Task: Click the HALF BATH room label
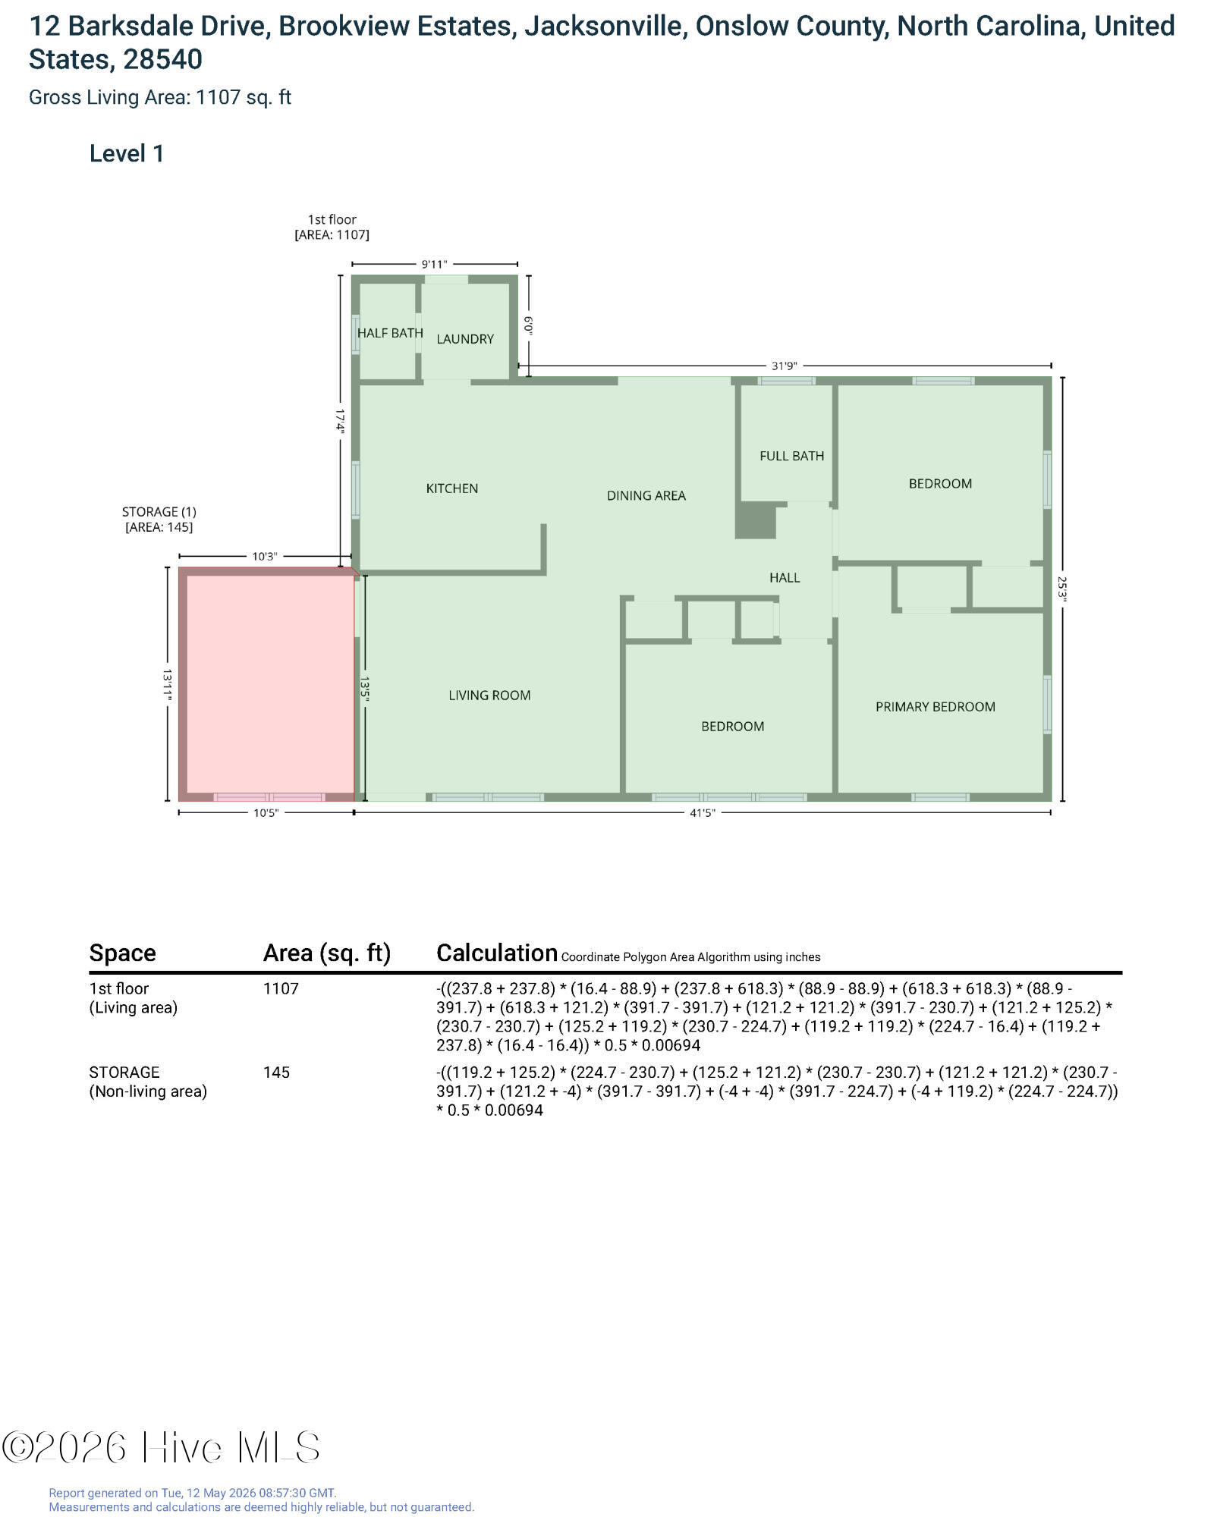(390, 333)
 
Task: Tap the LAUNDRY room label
(465, 339)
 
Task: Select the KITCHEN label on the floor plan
(452, 488)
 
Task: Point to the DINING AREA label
(646, 496)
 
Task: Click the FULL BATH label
(792, 456)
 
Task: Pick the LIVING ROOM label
(489, 696)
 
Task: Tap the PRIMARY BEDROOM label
(936, 707)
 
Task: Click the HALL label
(785, 578)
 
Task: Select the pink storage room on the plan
(267, 684)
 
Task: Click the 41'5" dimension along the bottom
(703, 813)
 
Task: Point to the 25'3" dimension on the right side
(1062, 589)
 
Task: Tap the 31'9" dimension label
(785, 366)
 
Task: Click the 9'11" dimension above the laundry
(435, 265)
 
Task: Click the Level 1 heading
(127, 154)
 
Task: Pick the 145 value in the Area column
(276, 1073)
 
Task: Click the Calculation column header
(497, 953)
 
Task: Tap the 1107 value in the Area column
(281, 988)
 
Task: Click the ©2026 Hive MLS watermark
(161, 1447)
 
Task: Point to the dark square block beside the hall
(756, 520)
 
